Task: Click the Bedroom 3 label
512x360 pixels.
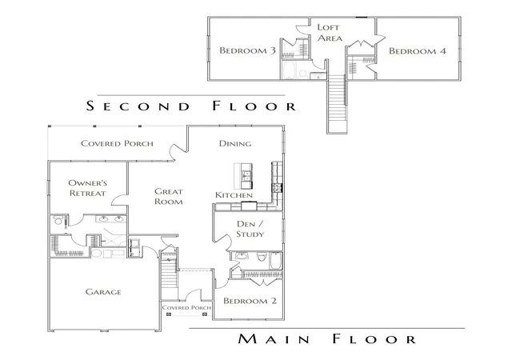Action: click(x=247, y=50)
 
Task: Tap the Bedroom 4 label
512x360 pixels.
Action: click(x=418, y=51)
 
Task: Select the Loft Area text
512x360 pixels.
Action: click(x=330, y=33)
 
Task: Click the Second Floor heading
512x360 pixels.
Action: click(x=191, y=106)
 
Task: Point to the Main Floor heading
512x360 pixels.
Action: click(x=327, y=338)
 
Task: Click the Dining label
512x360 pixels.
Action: click(x=235, y=143)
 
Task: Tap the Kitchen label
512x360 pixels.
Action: click(x=234, y=195)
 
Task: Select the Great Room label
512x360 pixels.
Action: click(x=169, y=196)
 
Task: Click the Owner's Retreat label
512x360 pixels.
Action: click(x=87, y=188)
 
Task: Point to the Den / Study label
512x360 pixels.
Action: click(x=250, y=229)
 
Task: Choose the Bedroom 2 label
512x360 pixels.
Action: click(x=250, y=301)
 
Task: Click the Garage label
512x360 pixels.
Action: click(x=103, y=292)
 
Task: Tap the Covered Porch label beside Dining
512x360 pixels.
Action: click(x=117, y=143)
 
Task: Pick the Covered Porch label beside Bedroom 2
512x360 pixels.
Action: click(x=186, y=307)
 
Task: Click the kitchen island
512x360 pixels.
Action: click(x=243, y=176)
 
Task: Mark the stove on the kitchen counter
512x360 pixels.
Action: click(x=278, y=188)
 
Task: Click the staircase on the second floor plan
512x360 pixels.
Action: click(x=337, y=103)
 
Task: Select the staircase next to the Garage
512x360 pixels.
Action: click(x=169, y=274)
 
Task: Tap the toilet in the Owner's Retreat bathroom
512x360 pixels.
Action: click(x=58, y=221)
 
